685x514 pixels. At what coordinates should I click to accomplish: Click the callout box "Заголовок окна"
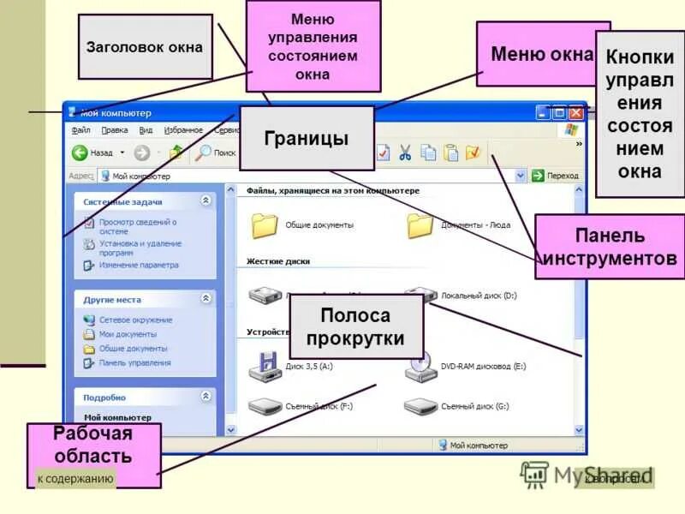tap(145, 47)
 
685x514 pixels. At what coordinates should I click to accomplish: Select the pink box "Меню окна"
tap(542, 55)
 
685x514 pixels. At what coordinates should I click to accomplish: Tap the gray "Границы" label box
tap(306, 138)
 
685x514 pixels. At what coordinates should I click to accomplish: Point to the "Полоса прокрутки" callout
tap(356, 326)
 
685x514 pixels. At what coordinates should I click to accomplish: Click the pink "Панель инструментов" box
tap(609, 247)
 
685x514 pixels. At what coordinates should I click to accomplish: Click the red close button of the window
tap(575, 112)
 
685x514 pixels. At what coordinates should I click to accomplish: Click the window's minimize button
tap(543, 112)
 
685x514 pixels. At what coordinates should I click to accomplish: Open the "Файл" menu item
tap(80, 130)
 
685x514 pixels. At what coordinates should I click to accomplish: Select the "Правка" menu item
tap(114, 130)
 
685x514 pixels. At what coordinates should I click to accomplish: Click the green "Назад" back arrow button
tap(80, 152)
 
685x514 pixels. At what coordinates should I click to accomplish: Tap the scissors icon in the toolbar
tap(405, 152)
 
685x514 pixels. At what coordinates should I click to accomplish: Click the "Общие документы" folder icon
tap(265, 224)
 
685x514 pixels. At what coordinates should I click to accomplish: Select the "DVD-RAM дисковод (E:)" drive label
tap(483, 366)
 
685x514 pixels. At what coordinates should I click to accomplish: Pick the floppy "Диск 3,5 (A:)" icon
tap(264, 366)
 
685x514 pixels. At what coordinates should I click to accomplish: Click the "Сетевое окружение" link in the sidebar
tap(135, 320)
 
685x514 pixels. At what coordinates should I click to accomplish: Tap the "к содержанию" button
tap(75, 479)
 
